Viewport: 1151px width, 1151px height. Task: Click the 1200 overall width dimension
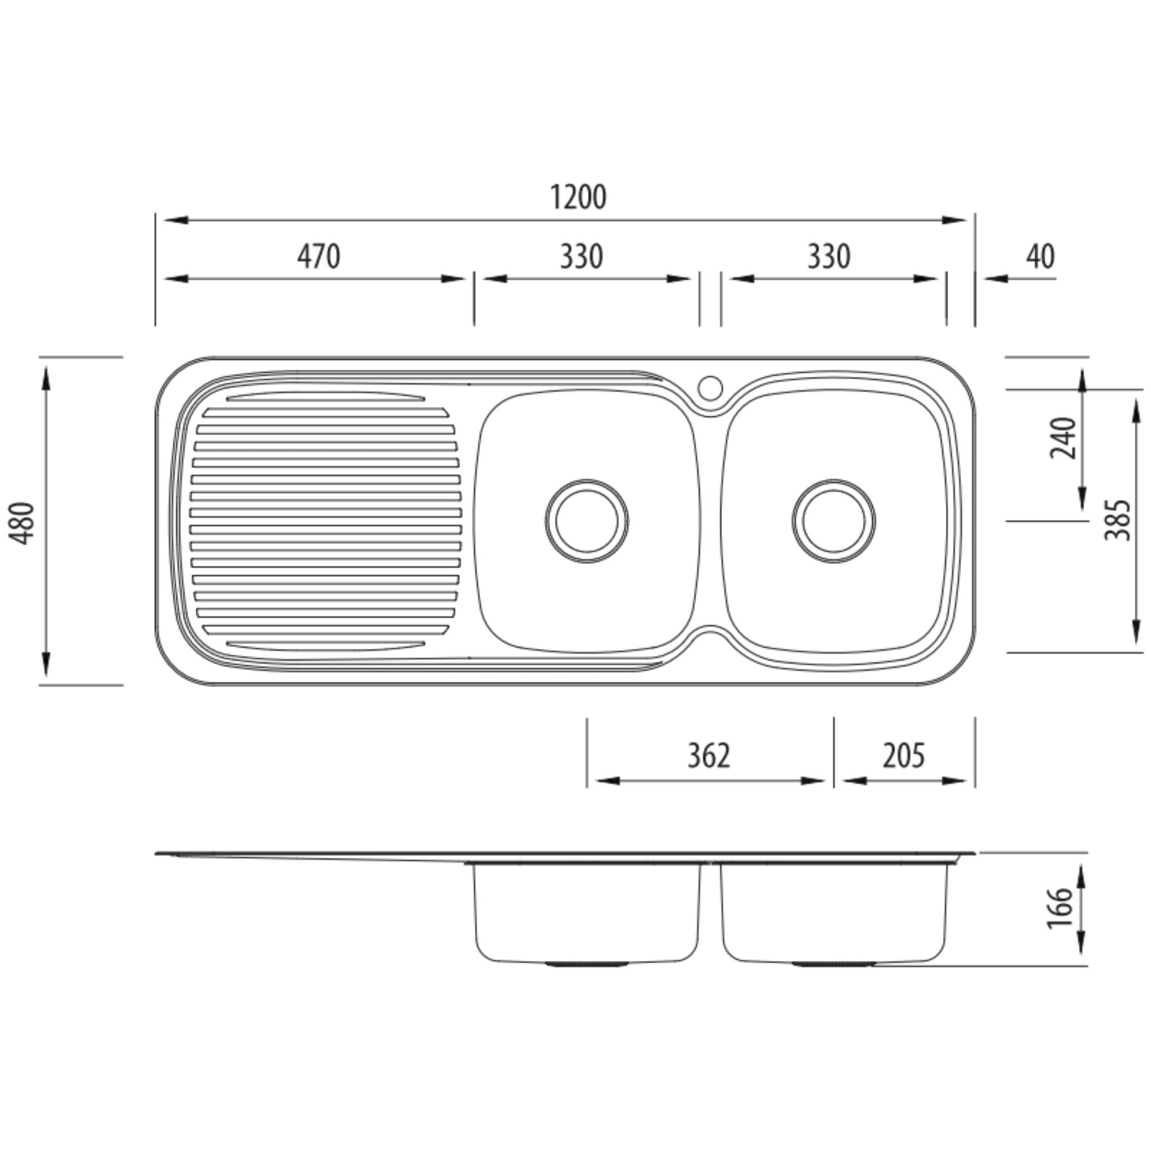pyautogui.click(x=577, y=198)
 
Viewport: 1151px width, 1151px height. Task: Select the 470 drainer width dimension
pyautogui.click(x=319, y=257)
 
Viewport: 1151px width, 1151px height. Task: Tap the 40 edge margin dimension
pyautogui.click(x=1040, y=257)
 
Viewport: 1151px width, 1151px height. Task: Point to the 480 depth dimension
pyautogui.click(x=23, y=523)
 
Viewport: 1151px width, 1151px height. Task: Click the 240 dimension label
pyautogui.click(x=1063, y=438)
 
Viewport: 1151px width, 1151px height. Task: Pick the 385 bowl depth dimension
pyautogui.click(x=1118, y=520)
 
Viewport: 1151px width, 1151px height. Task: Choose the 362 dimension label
pyautogui.click(x=708, y=755)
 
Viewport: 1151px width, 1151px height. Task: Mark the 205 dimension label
pyautogui.click(x=903, y=755)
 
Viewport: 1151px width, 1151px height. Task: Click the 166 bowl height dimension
pyautogui.click(x=1061, y=908)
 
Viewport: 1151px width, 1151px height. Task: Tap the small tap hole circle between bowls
pyautogui.click(x=710, y=388)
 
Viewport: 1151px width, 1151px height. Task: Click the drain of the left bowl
pyautogui.click(x=587, y=520)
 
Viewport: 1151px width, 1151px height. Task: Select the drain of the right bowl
pyautogui.click(x=833, y=520)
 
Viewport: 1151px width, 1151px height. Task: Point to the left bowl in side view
pyautogui.click(x=587, y=912)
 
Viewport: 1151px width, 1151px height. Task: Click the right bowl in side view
pyautogui.click(x=833, y=912)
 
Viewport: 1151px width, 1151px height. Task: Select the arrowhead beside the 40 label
pyautogui.click(x=995, y=278)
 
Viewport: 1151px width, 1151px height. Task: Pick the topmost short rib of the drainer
pyautogui.click(x=325, y=396)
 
